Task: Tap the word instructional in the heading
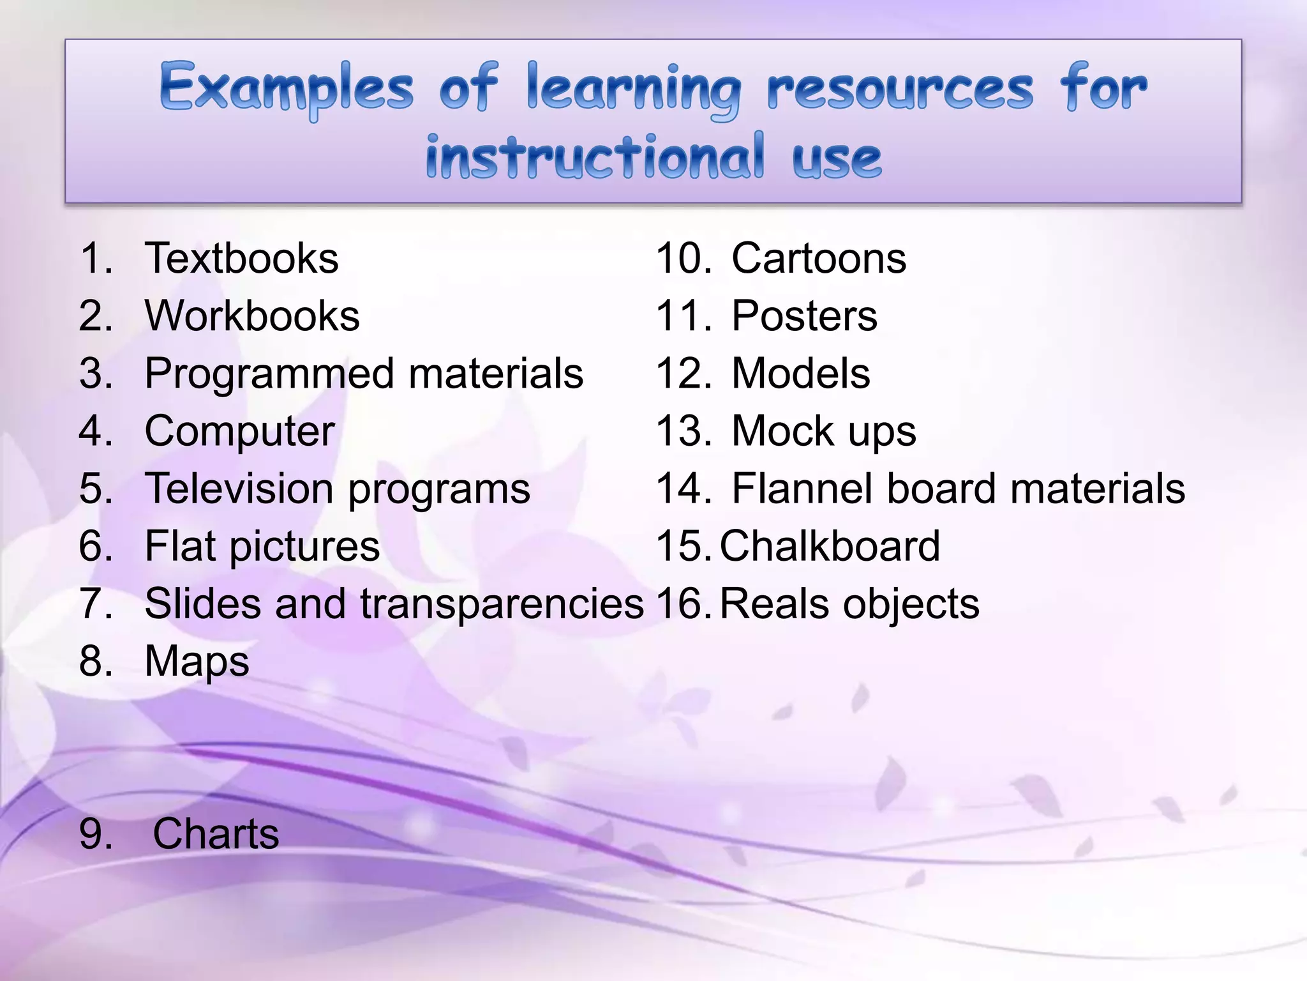[x=595, y=157]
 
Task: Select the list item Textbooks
[x=241, y=259]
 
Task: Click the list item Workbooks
[x=252, y=316]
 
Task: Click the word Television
[x=239, y=489]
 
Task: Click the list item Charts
[x=216, y=834]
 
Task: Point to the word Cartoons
[x=819, y=259]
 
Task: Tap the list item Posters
[x=804, y=316]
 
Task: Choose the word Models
[x=800, y=374]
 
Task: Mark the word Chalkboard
[x=830, y=547]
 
